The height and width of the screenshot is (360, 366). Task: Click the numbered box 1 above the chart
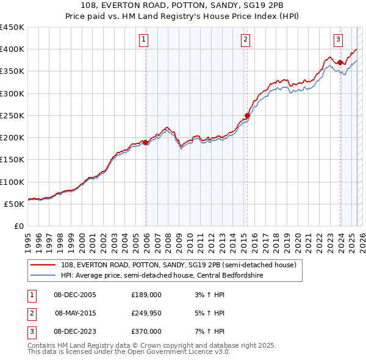tap(144, 40)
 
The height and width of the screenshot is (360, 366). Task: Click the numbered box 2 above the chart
tap(245, 40)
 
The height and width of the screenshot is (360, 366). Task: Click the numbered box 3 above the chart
tap(338, 40)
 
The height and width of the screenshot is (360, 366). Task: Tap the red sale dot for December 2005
tap(146, 143)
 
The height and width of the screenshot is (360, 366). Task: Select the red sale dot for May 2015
tap(247, 116)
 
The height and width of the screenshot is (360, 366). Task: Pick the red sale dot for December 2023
tap(340, 62)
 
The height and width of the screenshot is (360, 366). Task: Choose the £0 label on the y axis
tap(18, 226)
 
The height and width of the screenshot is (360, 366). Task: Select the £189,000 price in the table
tap(146, 295)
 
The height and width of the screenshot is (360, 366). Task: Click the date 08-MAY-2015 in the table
tap(74, 313)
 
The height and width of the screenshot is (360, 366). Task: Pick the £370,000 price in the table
tap(146, 331)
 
